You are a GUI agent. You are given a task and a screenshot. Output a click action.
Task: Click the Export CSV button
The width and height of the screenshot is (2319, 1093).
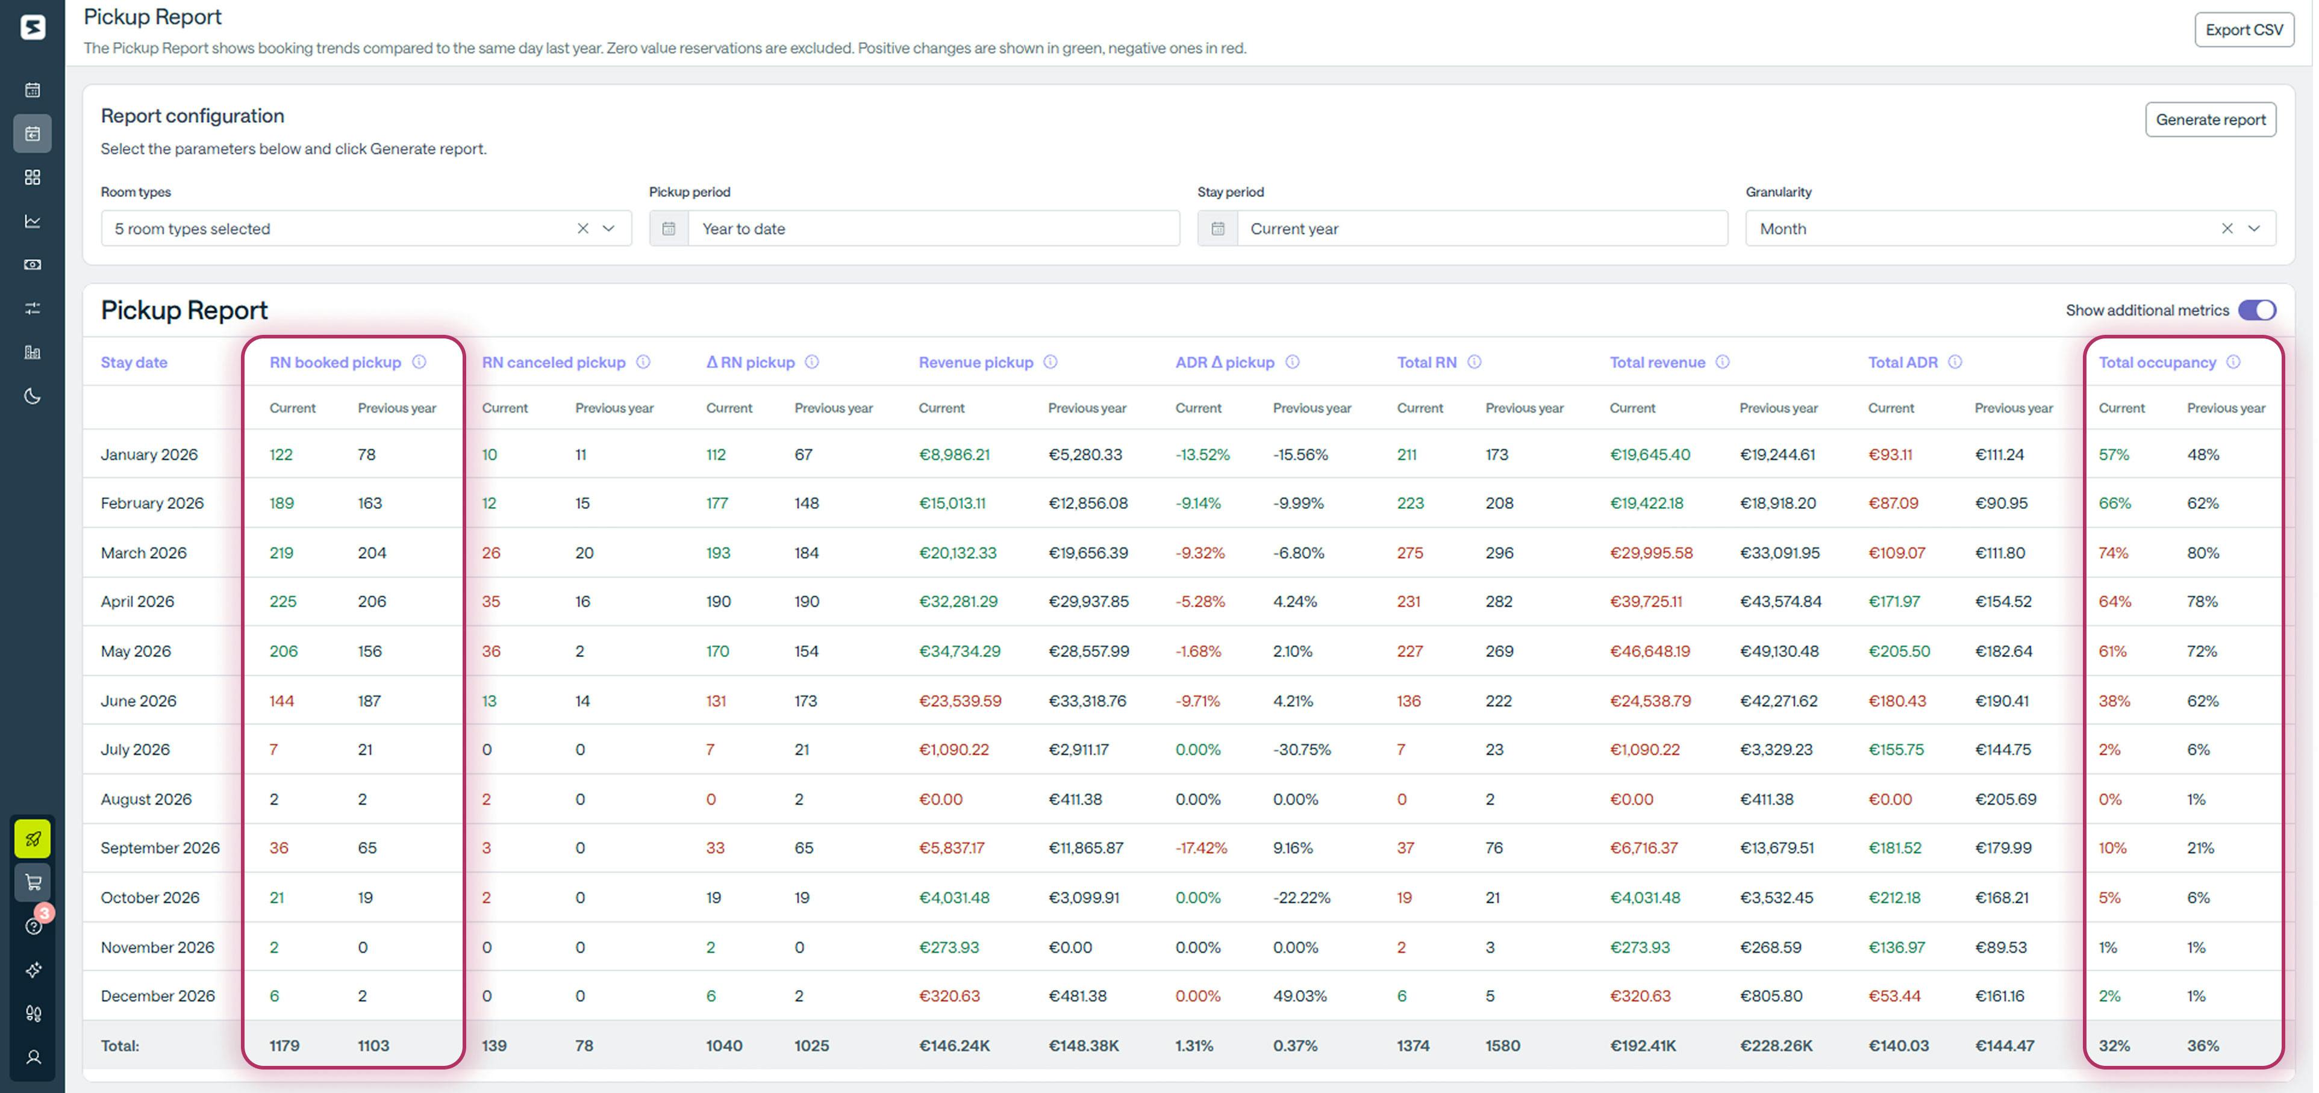(x=2243, y=30)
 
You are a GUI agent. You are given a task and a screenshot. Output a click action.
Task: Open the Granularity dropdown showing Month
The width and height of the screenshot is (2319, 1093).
(x=2253, y=229)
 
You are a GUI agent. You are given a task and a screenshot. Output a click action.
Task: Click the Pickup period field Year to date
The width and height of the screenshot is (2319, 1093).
(x=932, y=229)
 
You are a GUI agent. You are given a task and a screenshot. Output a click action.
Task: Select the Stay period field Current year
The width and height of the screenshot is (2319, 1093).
(x=1481, y=229)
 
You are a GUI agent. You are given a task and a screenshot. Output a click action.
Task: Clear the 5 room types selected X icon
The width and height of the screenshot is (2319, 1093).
(x=582, y=229)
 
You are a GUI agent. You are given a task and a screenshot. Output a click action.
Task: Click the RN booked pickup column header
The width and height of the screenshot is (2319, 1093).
(x=335, y=362)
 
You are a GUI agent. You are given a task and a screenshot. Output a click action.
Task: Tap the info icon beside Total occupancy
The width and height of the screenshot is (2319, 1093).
(x=2233, y=362)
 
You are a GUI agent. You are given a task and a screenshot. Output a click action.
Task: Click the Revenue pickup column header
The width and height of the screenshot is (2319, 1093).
(x=975, y=362)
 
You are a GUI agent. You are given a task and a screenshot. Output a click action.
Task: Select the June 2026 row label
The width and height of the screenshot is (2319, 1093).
(x=139, y=700)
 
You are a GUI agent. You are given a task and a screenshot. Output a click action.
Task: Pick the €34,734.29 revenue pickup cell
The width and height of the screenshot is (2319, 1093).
(x=959, y=651)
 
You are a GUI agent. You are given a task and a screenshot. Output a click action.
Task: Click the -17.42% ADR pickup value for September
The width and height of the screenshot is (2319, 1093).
(x=1201, y=848)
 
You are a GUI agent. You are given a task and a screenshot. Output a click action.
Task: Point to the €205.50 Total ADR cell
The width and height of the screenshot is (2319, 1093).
(x=1899, y=651)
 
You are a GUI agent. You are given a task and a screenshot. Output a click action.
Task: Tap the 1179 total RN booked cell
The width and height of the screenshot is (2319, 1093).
(x=284, y=1045)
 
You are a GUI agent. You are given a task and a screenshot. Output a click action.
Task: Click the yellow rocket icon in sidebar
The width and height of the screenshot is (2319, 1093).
(x=33, y=839)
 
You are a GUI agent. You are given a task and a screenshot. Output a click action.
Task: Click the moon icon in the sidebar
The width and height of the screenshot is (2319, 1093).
(x=33, y=396)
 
